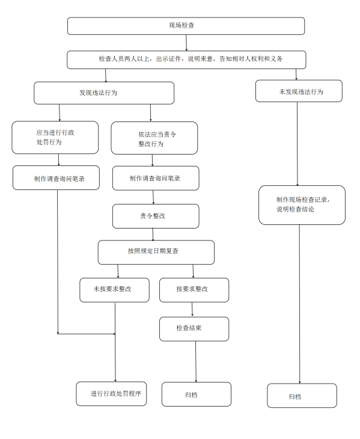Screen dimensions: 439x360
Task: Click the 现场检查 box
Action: pos(186,26)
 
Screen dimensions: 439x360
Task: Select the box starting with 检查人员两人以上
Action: pos(186,59)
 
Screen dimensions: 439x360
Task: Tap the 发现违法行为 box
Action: pos(104,93)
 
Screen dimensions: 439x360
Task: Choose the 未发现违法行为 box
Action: pos(299,91)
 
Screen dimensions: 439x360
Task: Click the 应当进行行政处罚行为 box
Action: pos(55,137)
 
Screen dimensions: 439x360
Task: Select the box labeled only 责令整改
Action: pos(155,216)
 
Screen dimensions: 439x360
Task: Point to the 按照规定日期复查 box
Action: pos(156,252)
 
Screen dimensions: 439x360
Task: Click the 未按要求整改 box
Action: pos(114,289)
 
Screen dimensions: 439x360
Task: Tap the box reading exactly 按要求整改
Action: pos(194,289)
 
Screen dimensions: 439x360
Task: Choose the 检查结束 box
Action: pos(194,328)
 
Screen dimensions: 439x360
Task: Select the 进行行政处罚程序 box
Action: pos(111,393)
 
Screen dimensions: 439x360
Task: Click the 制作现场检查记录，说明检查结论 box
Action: pos(302,204)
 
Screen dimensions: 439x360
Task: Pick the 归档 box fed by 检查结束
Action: pos(196,394)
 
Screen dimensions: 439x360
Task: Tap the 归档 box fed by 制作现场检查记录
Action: pos(302,396)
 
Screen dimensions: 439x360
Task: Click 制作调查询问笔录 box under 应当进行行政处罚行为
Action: pos(56,178)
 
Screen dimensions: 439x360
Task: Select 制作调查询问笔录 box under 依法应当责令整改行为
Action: pos(155,178)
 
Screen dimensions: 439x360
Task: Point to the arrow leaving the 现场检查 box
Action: pos(186,43)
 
